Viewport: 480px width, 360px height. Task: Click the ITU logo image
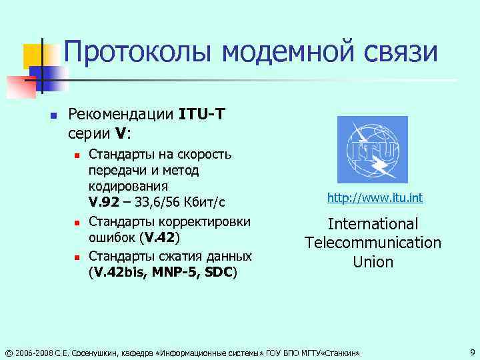click(x=372, y=151)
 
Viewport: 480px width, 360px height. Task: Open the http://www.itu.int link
click(x=374, y=199)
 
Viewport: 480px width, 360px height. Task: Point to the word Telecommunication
click(x=373, y=243)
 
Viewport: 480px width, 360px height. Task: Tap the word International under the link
click(x=373, y=224)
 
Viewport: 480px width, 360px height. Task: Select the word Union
click(x=373, y=262)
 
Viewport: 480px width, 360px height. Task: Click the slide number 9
click(x=471, y=351)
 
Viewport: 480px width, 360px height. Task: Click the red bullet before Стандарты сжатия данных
click(x=77, y=257)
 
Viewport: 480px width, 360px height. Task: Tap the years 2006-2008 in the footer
click(x=33, y=352)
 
